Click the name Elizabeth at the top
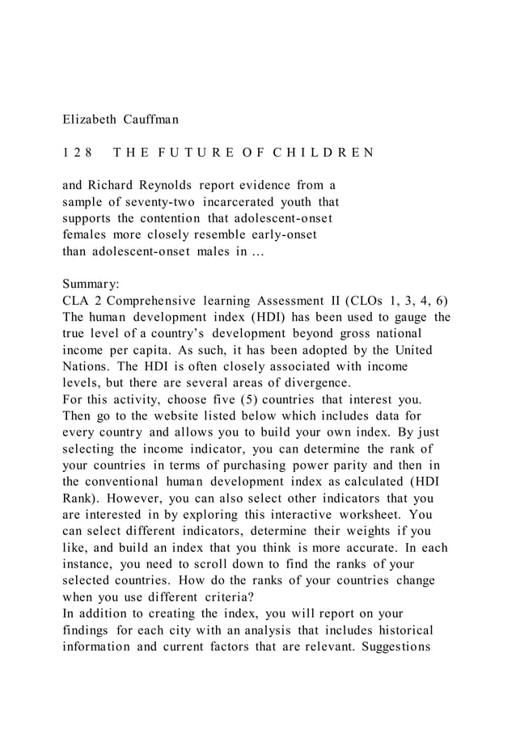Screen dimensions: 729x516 [x=90, y=120]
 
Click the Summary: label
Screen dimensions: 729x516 [x=91, y=284]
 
